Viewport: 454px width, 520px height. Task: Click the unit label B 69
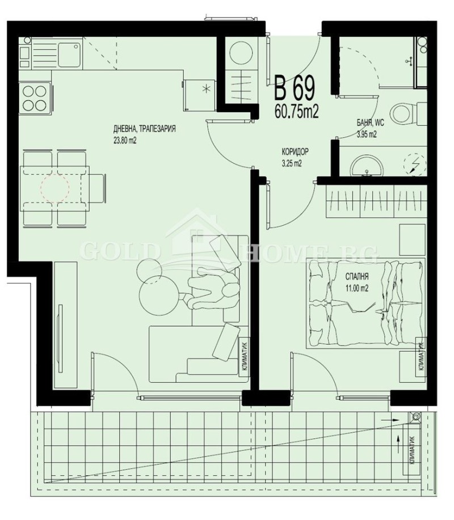295,88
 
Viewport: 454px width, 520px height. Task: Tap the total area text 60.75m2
296,111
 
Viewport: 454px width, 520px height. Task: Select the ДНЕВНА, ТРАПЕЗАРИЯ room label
144,129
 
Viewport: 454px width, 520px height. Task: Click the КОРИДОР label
295,153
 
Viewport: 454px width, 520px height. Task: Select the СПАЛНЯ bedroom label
358,277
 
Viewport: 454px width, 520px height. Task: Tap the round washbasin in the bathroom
365,165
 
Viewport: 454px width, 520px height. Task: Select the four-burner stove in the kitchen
35,97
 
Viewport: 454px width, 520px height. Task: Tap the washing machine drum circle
243,54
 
